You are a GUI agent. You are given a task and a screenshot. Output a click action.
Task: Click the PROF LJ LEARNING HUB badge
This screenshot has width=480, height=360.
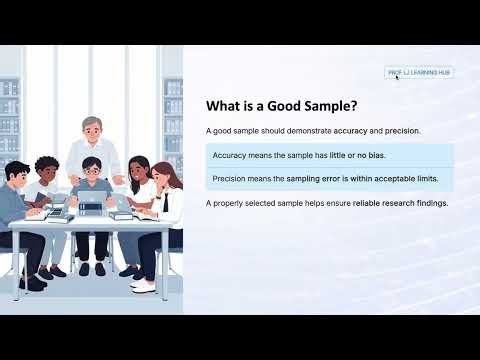(419, 72)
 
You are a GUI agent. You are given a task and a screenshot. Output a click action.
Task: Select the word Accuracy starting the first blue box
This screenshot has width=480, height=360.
(230, 156)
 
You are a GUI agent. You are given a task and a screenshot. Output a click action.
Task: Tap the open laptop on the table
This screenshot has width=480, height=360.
(92, 204)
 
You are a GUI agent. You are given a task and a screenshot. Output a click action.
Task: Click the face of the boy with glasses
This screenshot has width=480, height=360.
(92, 167)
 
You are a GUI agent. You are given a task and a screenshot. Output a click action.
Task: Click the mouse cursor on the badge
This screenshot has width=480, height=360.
(397, 77)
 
